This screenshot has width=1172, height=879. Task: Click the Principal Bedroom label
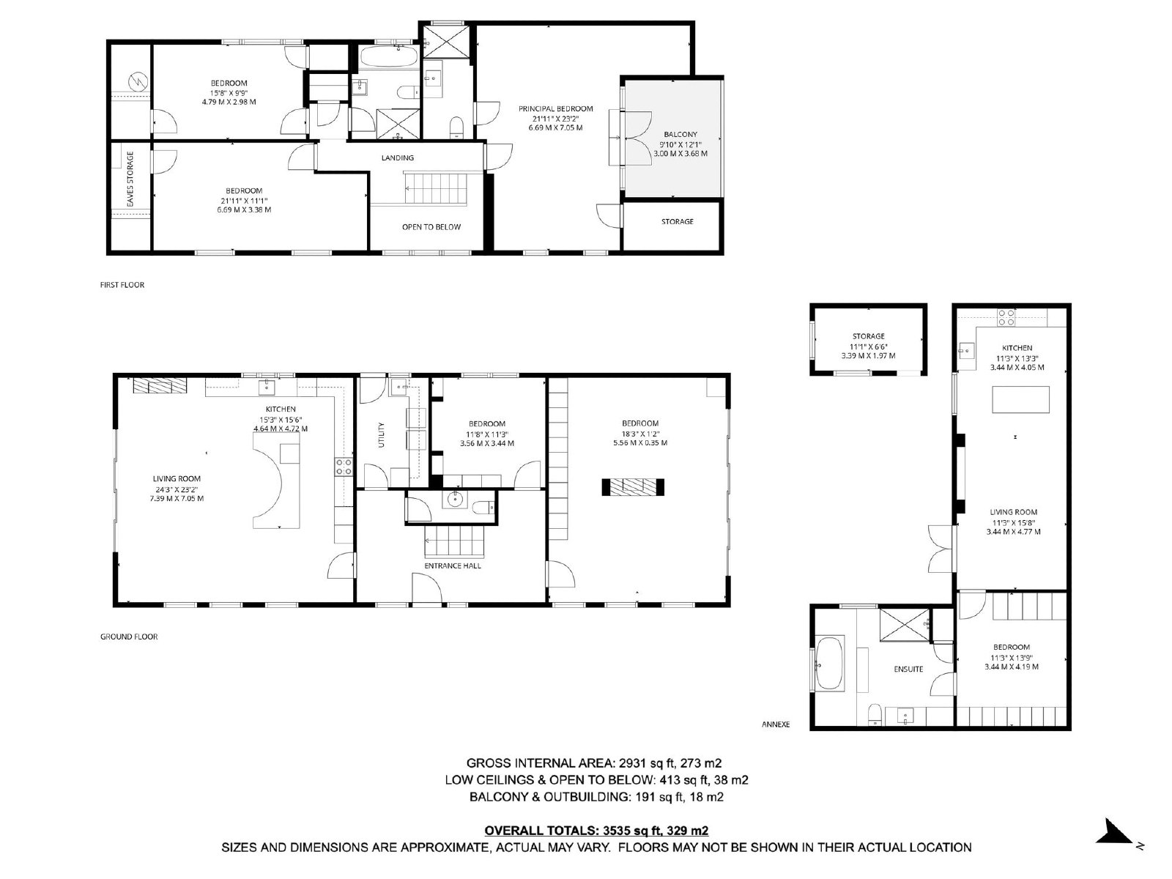555,109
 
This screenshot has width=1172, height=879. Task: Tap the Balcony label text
680,135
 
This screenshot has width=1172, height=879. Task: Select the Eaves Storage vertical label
130,179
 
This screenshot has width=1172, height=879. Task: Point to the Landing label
397,158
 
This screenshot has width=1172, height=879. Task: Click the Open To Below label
431,227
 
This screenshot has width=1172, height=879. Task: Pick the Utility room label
381,435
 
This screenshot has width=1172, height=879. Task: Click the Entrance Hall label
453,565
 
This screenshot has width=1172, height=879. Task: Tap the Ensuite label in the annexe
908,670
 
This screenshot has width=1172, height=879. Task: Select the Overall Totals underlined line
596,831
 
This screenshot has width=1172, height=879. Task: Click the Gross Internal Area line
594,763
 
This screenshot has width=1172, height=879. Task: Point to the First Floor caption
122,285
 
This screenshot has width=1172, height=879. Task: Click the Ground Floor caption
129,637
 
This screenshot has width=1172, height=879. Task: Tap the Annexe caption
776,724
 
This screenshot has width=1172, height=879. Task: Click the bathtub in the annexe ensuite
829,664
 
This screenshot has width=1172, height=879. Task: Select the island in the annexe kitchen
1020,399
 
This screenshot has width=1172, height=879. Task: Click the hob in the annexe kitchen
1006,318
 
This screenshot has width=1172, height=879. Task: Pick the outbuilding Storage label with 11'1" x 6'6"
868,336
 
